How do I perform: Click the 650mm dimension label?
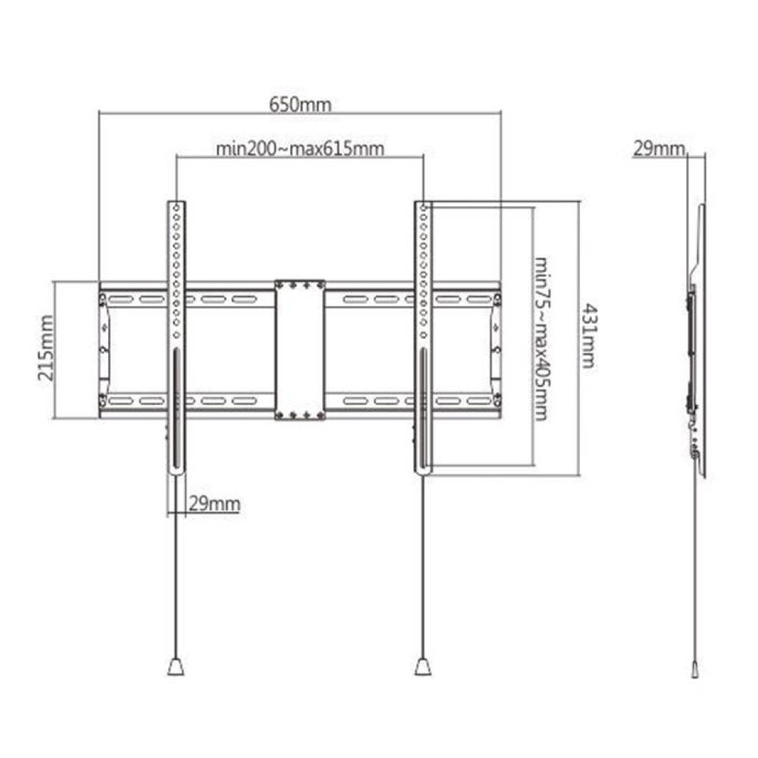tap(299, 104)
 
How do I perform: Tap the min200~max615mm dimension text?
tap(299, 149)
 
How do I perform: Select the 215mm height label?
tap(46, 349)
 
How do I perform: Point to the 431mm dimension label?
tap(587, 337)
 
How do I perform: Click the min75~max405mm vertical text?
tap(541, 337)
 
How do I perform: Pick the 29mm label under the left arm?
tap(215, 503)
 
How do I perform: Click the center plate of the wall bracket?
tap(300, 349)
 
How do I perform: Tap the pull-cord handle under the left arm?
tap(175, 667)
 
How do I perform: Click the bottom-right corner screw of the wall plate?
tap(497, 400)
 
